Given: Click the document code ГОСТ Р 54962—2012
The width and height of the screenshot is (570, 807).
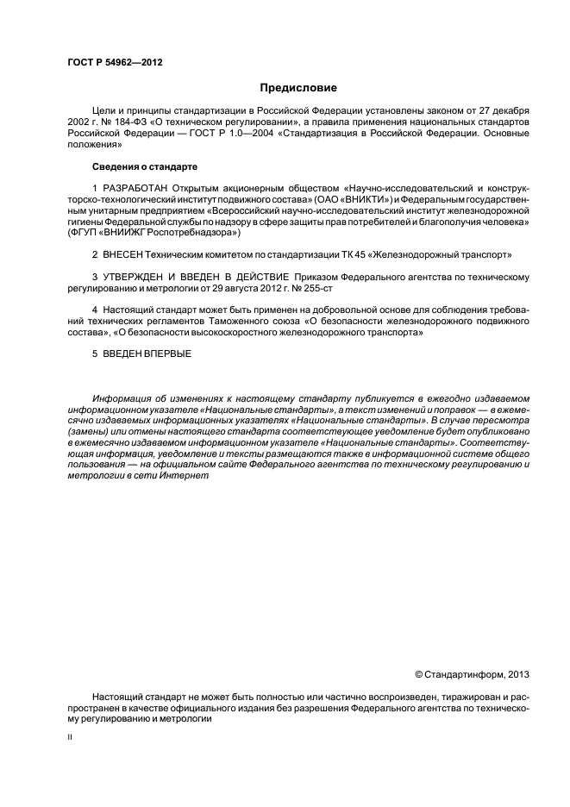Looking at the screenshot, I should click(115, 63).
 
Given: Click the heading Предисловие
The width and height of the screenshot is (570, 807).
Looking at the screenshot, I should click(298, 87).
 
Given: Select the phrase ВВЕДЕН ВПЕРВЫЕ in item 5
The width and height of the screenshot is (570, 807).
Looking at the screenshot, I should click(146, 353).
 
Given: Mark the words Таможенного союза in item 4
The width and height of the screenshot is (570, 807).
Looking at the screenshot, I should click(254, 321).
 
